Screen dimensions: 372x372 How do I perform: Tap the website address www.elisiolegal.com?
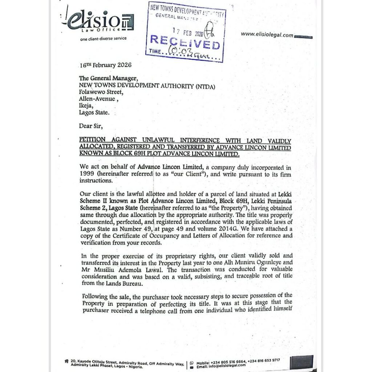(x=267, y=35)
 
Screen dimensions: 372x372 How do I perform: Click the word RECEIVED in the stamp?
(x=185, y=43)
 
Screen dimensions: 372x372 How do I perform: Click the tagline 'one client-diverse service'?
(x=103, y=39)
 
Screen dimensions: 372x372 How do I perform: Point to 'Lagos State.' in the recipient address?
(x=94, y=113)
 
